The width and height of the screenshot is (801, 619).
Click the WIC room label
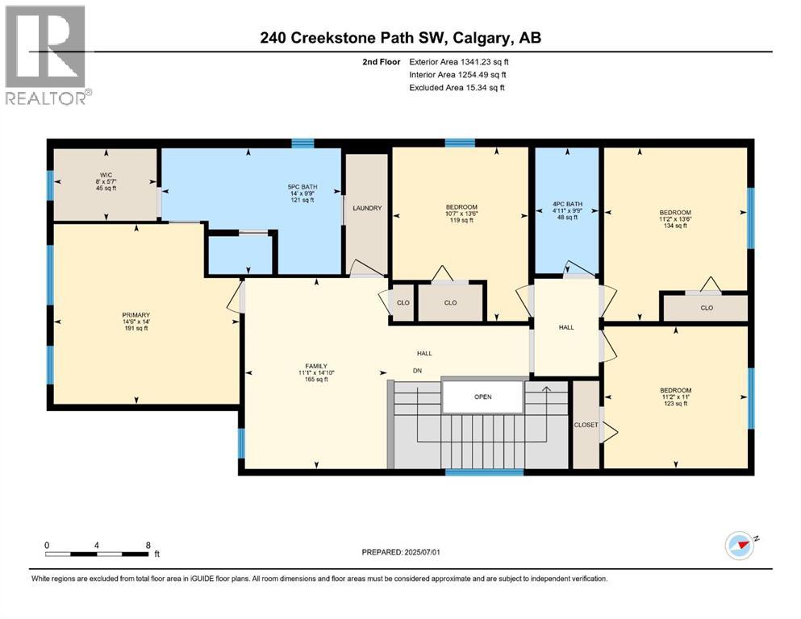click(105, 174)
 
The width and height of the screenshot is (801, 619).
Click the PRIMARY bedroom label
click(136, 314)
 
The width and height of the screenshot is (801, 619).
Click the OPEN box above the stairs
click(482, 396)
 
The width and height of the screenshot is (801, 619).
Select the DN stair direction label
click(416, 372)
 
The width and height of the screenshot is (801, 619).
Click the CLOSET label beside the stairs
click(586, 425)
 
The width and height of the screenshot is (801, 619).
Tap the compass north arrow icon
click(739, 546)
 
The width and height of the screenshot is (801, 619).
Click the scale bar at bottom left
click(98, 554)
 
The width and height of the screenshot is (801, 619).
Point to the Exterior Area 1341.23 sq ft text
click(459, 61)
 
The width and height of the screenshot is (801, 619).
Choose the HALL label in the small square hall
click(566, 327)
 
